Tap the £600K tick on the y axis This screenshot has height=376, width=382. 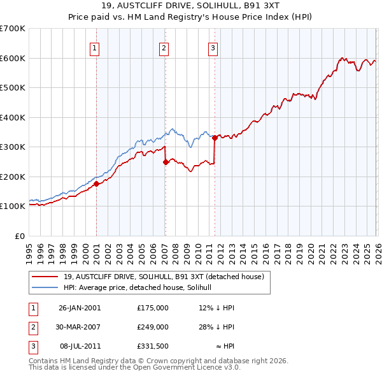[x=12, y=58]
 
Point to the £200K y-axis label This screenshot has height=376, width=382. [x=12, y=177]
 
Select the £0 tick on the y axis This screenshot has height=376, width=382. [x=19, y=236]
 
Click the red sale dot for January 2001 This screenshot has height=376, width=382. [x=96, y=184]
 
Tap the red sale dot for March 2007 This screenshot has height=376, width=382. [x=166, y=162]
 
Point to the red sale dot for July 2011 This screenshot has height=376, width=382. [x=215, y=137]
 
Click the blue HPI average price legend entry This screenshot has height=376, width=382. [x=141, y=287]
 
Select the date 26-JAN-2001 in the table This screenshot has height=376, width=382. [x=80, y=308]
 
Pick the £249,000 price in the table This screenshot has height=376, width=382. [x=153, y=326]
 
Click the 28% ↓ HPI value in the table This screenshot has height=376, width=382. [x=217, y=326]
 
